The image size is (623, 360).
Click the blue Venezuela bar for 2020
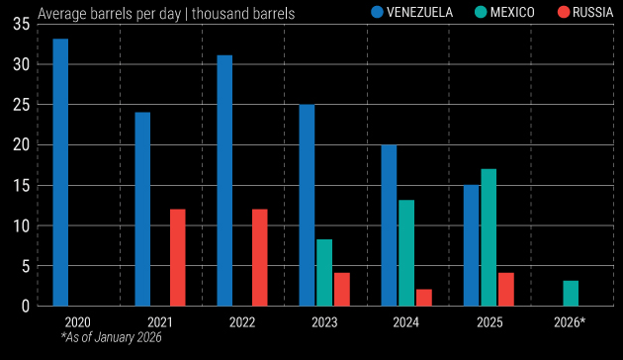[x=60, y=172]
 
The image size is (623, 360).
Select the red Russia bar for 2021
[x=177, y=257]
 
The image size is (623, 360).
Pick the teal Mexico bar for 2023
[x=324, y=272]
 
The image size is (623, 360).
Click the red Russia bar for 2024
[x=423, y=297]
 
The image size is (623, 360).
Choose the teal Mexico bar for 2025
[x=489, y=237]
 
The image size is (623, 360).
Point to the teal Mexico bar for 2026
[x=571, y=293]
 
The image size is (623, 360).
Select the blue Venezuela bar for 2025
[x=471, y=245]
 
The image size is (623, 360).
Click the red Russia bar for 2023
[x=341, y=289]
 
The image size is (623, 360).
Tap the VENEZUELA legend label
[x=419, y=13]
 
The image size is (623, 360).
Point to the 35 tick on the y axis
[x=21, y=24]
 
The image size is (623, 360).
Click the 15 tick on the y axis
[x=21, y=185]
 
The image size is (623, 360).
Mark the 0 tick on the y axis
[x=25, y=306]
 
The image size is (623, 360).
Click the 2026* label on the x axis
[x=569, y=322]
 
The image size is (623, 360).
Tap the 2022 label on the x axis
[x=241, y=322]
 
